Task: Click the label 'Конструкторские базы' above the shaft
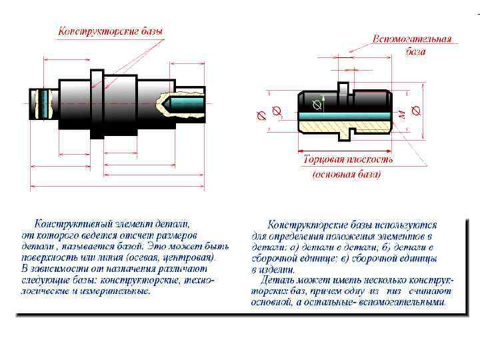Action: [x=110, y=31]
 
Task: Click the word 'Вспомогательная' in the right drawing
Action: [x=411, y=39]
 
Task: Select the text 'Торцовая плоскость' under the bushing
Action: [x=347, y=160]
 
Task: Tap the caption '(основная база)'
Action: [x=347, y=175]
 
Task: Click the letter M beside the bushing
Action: [x=401, y=115]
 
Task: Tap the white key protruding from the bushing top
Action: [x=343, y=90]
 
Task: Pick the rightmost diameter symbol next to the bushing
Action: [x=417, y=110]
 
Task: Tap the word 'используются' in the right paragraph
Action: [x=405, y=225]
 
